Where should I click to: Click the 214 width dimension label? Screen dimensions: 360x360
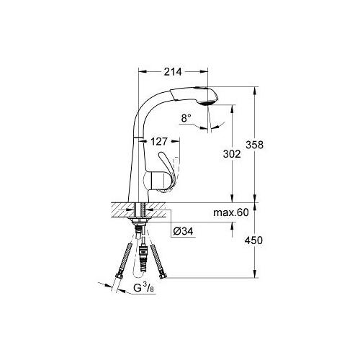tap(173, 71)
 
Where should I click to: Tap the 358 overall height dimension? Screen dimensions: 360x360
tap(254, 145)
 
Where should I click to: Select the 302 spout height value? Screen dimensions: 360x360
tap(232, 154)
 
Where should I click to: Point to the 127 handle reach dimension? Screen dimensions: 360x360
tap(159, 142)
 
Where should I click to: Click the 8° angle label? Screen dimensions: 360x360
tap(186, 118)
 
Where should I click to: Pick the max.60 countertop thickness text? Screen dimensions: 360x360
tap(231, 212)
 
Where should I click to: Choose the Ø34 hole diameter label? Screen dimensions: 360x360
tap(183, 231)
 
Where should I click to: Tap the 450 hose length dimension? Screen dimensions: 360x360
tap(253, 240)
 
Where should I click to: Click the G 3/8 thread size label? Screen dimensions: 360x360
tap(144, 287)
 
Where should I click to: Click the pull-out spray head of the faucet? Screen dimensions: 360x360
tap(194, 96)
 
